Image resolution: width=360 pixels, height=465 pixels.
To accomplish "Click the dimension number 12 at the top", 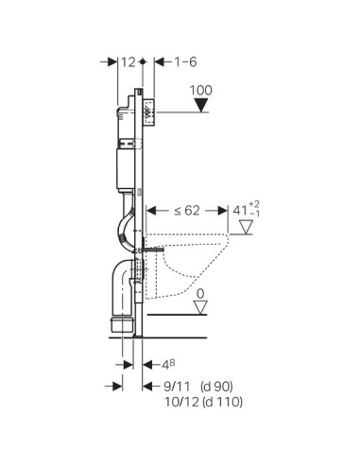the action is [129, 62].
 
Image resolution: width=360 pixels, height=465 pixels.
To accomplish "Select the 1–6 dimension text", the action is [186, 62].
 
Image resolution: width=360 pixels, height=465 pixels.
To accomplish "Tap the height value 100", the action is [201, 91].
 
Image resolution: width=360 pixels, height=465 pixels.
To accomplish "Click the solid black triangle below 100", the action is [201, 105].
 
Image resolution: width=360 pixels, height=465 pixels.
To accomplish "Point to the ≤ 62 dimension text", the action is [187, 211].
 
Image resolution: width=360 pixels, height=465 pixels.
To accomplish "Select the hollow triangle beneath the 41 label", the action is [246, 227].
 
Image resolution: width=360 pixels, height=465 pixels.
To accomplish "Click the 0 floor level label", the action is [200, 294].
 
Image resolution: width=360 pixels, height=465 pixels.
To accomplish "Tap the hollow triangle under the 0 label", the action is [200, 307].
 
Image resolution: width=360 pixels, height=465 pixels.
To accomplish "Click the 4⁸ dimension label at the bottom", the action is [168, 365].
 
